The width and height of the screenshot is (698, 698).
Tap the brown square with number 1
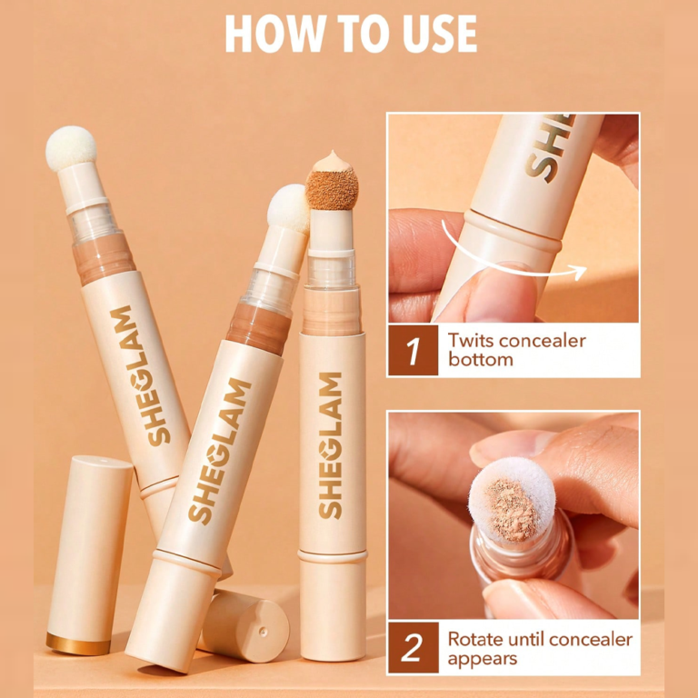tap(413, 350)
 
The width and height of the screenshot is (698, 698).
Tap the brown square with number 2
tap(414, 647)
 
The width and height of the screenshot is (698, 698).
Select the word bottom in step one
tap(480, 359)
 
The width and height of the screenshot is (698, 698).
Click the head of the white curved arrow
tap(579, 272)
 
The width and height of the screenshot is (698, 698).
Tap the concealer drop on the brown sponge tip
tap(331, 162)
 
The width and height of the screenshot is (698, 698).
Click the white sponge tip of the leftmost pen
tap(71, 148)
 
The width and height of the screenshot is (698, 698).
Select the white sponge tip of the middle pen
tap(289, 209)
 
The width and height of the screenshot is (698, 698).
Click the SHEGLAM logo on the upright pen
tap(330, 445)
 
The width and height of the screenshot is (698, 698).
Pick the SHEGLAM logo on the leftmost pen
tap(140, 375)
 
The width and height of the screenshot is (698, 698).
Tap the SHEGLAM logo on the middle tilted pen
tap(220, 452)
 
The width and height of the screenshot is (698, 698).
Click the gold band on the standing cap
tap(78, 644)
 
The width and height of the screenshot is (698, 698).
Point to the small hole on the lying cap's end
tap(263, 631)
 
